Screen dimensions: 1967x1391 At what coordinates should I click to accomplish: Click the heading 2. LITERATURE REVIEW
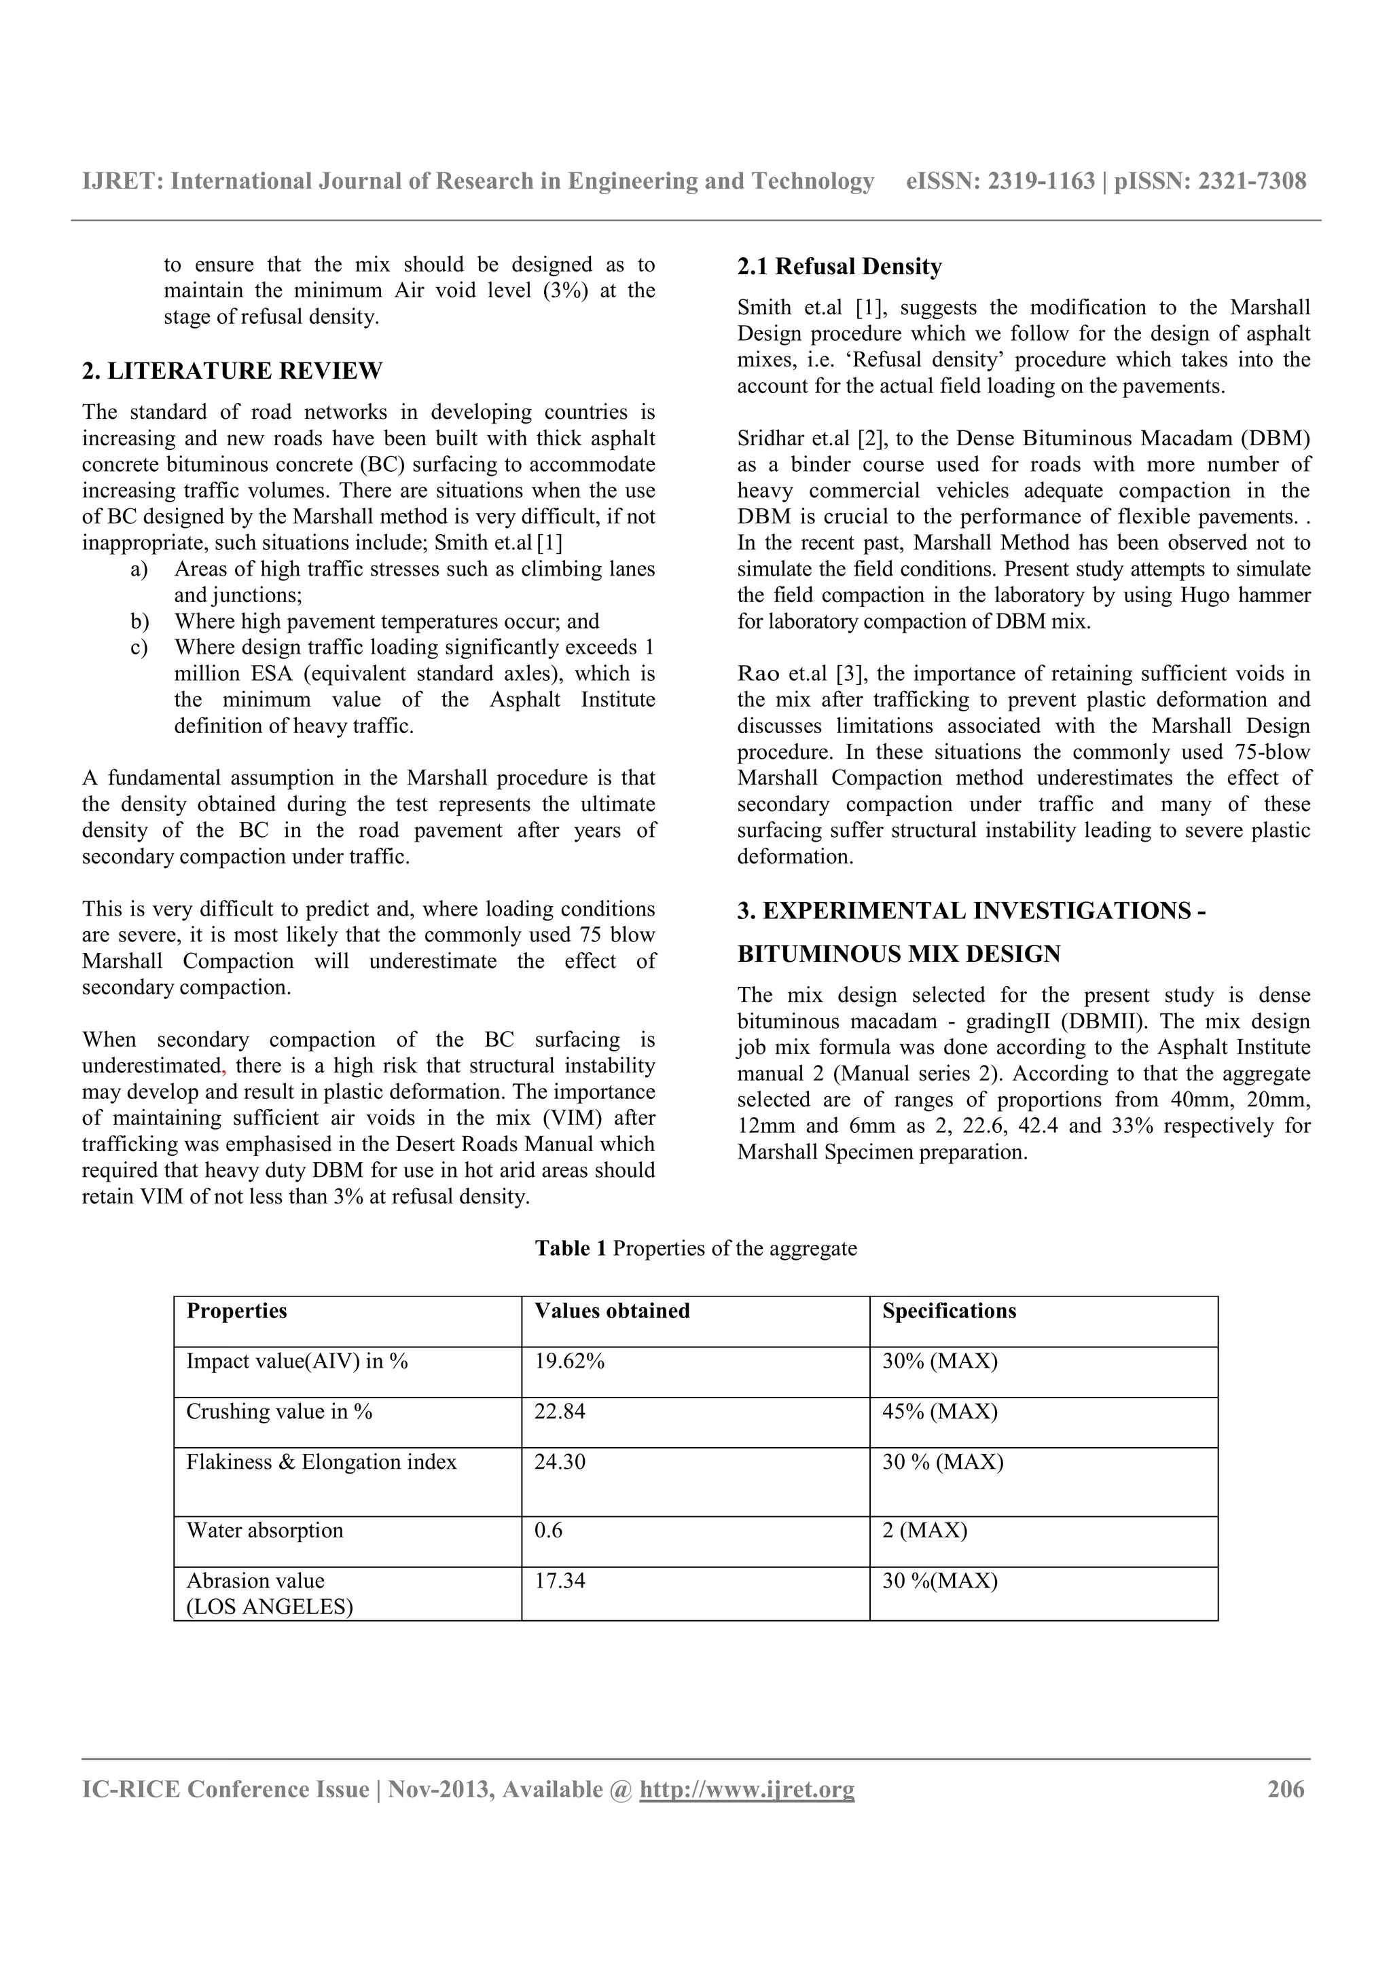coord(232,371)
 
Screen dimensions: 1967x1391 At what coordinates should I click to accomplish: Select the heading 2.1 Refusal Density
coord(839,267)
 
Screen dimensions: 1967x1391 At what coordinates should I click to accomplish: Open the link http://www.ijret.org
coord(746,1790)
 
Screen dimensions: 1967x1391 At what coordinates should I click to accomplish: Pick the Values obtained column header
coord(612,1311)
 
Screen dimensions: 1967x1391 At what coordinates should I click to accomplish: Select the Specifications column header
coord(949,1311)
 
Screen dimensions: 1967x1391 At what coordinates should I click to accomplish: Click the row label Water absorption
coord(265,1530)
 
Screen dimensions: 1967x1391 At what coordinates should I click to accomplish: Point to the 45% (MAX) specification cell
coord(939,1411)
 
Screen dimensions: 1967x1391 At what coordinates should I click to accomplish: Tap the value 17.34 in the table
coord(560,1581)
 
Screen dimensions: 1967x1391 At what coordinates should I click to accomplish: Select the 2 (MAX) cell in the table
coord(925,1530)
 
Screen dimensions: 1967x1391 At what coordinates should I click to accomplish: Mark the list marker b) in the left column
coord(139,621)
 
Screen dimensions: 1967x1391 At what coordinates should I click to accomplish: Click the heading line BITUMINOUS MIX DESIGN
coord(899,954)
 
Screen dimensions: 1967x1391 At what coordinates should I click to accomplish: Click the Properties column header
coord(236,1311)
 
